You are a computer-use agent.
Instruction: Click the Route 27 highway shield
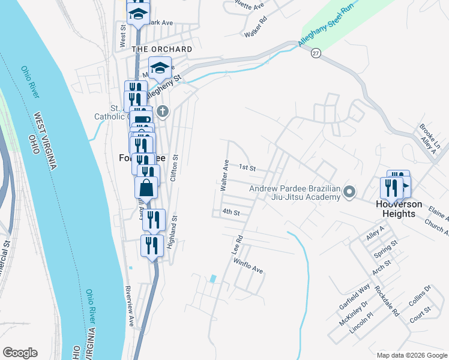[316, 53]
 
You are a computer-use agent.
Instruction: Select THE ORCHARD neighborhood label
[162, 49]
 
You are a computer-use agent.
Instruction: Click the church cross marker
[162, 111]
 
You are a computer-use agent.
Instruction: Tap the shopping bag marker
[146, 188]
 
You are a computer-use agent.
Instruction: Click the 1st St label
[247, 167]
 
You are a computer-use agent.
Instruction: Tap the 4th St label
[231, 212]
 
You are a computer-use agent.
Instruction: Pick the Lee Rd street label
[238, 247]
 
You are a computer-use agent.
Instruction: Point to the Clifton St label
[175, 168]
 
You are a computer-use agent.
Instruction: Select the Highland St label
[172, 232]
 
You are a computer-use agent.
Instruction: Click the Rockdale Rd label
[387, 300]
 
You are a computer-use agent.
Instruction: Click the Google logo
[20, 353]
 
